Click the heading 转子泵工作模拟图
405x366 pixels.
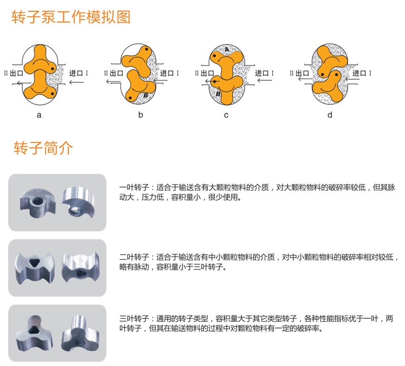click(71, 17)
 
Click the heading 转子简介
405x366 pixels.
click(43, 148)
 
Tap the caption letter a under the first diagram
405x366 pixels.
click(39, 115)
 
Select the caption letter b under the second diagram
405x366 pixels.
click(140, 115)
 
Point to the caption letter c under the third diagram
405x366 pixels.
click(226, 115)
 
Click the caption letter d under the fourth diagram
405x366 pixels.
click(330, 115)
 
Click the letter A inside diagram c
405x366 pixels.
click(227, 49)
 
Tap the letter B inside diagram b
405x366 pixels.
click(145, 95)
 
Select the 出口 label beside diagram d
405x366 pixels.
click(302, 73)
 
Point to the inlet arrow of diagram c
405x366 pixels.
click(265, 80)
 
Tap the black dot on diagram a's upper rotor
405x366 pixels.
click(53, 69)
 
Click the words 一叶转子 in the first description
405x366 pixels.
click(134, 187)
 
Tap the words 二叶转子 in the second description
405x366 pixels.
click(134, 257)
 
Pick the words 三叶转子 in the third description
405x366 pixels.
click(134, 319)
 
